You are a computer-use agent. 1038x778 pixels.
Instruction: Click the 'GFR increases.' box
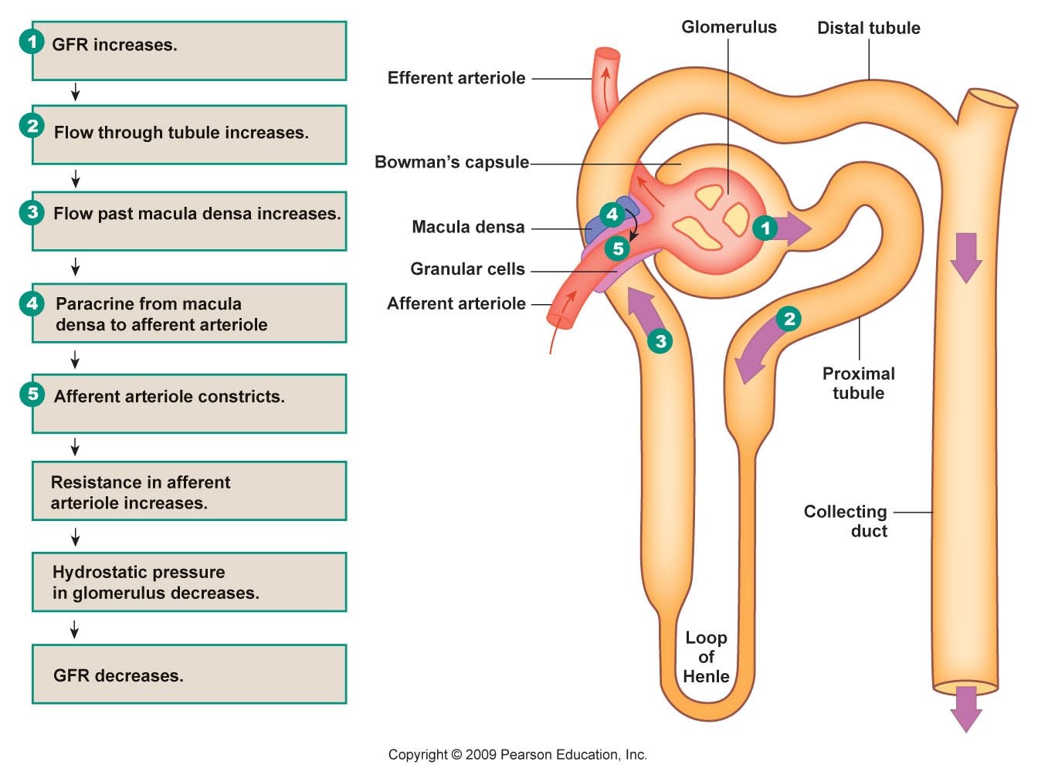(188, 50)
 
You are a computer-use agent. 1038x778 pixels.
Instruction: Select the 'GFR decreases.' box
(188, 675)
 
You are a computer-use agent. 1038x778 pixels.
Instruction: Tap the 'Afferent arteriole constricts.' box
(188, 403)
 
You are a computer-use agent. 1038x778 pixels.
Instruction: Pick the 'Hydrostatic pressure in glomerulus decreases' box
(188, 582)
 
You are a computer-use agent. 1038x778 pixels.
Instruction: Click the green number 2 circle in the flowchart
(32, 126)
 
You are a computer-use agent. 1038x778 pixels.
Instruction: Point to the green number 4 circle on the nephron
(612, 214)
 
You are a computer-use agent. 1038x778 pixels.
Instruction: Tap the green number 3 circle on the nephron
(660, 341)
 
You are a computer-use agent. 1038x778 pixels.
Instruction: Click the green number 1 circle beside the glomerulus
(765, 228)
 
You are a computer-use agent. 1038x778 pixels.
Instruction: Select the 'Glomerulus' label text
(728, 27)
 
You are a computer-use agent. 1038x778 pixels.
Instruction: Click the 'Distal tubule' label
(868, 28)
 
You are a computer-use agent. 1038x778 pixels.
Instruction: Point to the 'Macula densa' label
(468, 227)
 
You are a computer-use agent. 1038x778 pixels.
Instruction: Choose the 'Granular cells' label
(467, 269)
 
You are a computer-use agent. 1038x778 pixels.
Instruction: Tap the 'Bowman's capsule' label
(452, 162)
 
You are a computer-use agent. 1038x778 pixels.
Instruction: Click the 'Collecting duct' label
(846, 521)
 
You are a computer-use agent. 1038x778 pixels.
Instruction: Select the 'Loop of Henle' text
(706, 657)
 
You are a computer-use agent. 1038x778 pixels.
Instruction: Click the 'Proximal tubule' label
(858, 383)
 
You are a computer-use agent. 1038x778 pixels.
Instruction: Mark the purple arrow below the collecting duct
(965, 706)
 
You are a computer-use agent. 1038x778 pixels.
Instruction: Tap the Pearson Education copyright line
(517, 755)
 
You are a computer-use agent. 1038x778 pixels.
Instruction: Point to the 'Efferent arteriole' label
(456, 78)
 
